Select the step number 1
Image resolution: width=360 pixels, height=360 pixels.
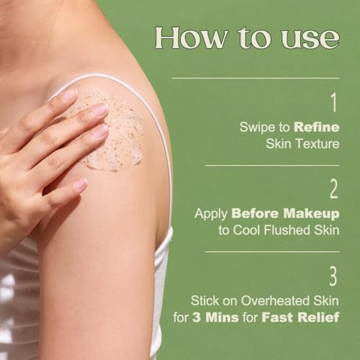point(334,102)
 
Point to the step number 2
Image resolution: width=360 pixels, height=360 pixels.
point(333,189)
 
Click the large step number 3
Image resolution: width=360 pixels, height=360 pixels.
point(333,276)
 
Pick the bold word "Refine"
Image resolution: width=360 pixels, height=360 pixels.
point(317,127)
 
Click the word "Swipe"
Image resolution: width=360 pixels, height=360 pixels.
point(258,127)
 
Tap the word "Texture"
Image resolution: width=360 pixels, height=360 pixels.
point(317,144)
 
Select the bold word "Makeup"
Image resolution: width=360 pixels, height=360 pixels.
point(311,214)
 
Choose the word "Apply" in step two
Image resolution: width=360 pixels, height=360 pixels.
point(211,214)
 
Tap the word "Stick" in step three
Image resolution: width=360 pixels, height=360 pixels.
point(205,300)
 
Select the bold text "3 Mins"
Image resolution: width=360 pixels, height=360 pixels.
point(215,318)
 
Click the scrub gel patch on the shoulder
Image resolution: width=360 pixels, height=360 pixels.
point(113,132)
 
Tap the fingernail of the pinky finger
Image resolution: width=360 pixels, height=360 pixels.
point(81,185)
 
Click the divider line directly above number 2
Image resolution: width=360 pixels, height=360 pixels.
point(272,166)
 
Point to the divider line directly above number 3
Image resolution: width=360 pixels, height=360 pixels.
point(272,252)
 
